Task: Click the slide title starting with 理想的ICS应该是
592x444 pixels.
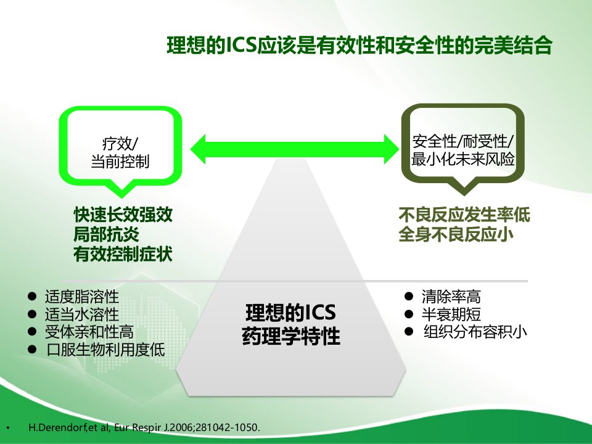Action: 360,45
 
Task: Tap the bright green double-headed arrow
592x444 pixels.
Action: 295,149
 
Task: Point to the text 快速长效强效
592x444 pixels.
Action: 123,215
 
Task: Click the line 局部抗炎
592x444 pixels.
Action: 107,234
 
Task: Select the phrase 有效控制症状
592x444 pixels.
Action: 123,253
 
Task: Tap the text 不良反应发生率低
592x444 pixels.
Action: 464,215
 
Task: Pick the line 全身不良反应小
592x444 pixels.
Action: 456,234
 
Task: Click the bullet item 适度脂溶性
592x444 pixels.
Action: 82,297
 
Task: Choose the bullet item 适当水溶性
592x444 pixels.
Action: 82,314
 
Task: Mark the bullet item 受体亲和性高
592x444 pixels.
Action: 89,332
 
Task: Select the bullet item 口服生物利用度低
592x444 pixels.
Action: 105,350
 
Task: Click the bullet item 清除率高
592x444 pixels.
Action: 451,297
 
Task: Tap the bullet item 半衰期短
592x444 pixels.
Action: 451,314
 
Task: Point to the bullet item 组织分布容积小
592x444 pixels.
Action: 475,332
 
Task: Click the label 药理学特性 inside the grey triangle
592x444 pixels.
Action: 291,335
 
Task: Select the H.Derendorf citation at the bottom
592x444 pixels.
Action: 144,428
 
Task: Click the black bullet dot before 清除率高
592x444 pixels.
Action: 408,297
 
